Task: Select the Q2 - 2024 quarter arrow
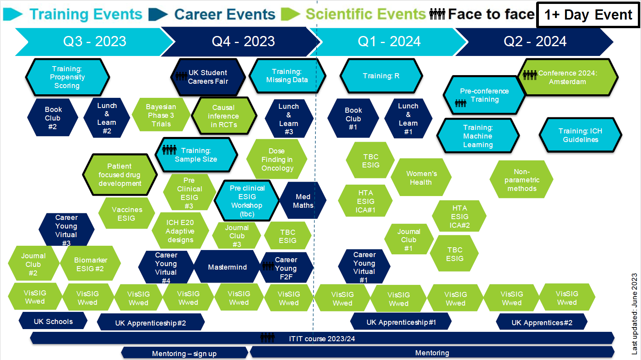click(535, 41)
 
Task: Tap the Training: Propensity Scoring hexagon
click(67, 77)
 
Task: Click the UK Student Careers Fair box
click(208, 77)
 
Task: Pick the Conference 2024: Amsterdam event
click(567, 77)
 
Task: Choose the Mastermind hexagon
click(227, 267)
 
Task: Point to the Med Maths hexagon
click(303, 201)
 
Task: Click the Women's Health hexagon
click(421, 178)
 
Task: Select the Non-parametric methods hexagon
click(522, 180)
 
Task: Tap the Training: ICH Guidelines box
click(580, 135)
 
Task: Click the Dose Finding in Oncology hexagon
click(277, 160)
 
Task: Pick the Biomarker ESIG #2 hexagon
click(90, 264)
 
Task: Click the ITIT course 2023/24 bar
click(322, 338)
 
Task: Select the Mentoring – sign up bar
click(184, 353)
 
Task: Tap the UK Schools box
click(53, 321)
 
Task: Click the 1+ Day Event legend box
click(588, 15)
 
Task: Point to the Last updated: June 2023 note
click(634, 313)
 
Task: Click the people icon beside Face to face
click(437, 14)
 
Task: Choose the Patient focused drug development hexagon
click(120, 175)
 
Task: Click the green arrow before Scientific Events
click(290, 14)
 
